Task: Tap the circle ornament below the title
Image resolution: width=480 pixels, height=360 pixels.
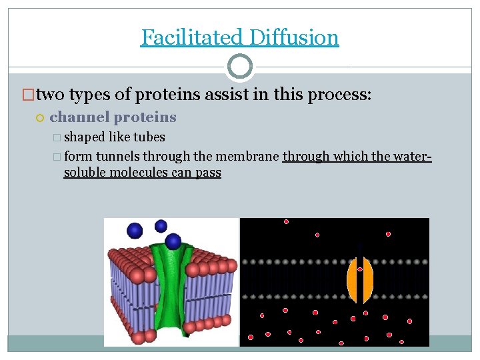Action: (240, 67)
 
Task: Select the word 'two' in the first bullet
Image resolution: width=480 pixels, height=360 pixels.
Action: (51, 95)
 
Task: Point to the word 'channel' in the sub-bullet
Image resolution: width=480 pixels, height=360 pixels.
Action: (79, 117)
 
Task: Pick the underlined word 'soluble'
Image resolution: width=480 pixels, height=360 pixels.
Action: (85, 173)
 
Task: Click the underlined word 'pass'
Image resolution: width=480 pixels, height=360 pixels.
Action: (208, 173)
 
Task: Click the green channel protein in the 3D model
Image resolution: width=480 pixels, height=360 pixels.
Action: (172, 287)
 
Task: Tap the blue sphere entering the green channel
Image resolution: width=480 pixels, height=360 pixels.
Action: (173, 241)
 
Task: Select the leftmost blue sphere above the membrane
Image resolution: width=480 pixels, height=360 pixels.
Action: (135, 231)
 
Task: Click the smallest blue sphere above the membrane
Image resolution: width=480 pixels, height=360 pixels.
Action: (161, 225)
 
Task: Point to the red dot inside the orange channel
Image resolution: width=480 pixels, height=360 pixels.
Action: (360, 269)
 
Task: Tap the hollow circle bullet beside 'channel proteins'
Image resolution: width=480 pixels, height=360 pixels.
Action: (39, 118)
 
